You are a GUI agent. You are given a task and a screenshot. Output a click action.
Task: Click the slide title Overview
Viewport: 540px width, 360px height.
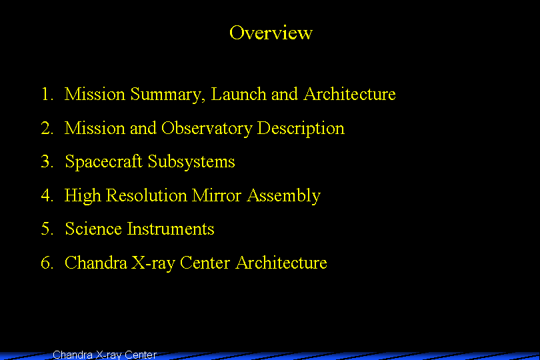point(271,33)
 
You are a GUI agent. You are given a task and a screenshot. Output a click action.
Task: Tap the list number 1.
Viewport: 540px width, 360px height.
point(47,94)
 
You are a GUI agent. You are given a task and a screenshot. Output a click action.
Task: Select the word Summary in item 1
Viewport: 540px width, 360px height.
point(168,95)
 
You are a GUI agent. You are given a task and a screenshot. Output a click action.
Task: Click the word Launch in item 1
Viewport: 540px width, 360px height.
point(239,94)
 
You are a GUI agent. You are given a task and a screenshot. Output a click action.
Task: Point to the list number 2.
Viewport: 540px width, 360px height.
point(47,128)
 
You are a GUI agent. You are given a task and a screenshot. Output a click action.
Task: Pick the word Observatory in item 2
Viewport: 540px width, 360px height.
point(207,129)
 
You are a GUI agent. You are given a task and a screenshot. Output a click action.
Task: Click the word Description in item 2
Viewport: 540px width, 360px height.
point(301,129)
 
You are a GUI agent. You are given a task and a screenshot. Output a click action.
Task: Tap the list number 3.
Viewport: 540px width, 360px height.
point(47,161)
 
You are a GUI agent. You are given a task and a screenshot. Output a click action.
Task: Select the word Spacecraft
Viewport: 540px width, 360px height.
point(103,161)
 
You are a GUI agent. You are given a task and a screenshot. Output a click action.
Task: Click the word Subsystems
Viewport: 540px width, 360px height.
point(191,161)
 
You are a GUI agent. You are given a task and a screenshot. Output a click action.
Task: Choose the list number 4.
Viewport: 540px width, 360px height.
point(47,195)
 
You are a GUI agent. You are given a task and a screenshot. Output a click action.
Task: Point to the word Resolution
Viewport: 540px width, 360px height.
point(147,195)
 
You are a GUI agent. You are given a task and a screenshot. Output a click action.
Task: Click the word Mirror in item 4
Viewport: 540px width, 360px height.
point(217,195)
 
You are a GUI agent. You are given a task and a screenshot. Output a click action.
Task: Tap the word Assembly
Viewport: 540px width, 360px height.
point(284,196)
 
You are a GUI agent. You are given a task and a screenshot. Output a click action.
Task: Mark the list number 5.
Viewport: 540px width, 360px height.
point(47,229)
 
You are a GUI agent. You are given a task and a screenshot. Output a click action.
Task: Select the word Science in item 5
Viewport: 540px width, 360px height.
point(93,229)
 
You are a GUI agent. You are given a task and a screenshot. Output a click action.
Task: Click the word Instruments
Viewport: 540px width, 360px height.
point(171,229)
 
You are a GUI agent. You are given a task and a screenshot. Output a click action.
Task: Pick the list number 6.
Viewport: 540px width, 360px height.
point(47,263)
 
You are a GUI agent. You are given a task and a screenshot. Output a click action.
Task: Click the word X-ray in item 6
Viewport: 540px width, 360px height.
point(153,263)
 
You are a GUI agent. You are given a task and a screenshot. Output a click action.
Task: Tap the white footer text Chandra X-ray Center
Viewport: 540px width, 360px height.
point(105,355)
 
